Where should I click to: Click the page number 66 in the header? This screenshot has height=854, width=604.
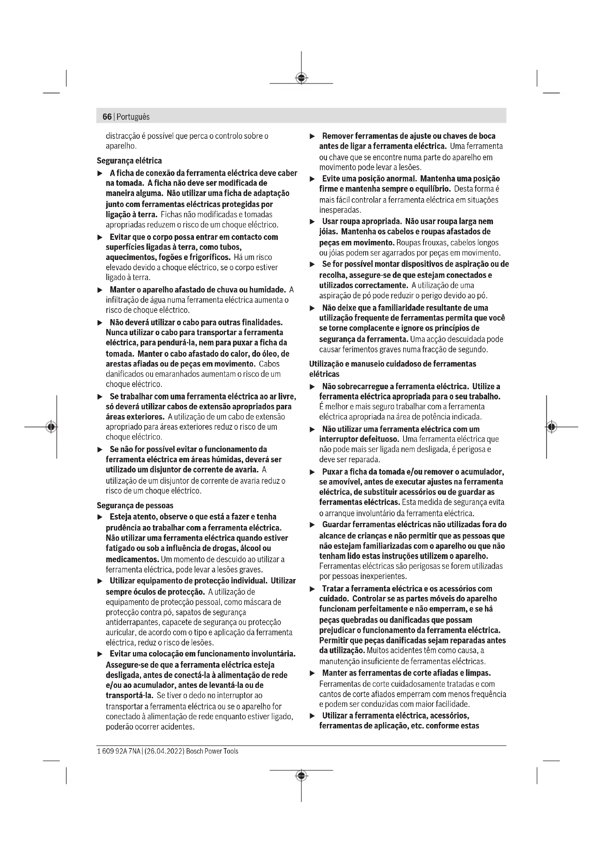tap(107, 117)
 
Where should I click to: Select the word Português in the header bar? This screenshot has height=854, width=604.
tap(133, 117)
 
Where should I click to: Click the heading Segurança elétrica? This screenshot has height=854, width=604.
tap(129, 161)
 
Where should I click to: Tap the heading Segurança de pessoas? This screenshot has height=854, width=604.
tap(135, 505)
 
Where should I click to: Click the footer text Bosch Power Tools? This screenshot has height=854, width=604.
tap(212, 751)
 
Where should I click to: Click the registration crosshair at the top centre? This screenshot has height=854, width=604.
tap(301, 78)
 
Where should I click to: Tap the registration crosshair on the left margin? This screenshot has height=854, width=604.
tap(51, 426)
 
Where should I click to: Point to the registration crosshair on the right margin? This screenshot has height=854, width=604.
tap(552, 426)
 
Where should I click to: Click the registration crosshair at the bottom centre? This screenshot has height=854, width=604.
tap(301, 775)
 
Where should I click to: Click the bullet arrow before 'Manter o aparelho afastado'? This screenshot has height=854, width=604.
tap(99, 290)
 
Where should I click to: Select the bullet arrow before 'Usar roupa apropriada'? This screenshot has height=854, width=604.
tap(313, 222)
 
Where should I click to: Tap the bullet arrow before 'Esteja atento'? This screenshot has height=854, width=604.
tap(99, 517)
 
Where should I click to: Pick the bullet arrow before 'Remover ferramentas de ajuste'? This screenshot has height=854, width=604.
tap(313, 137)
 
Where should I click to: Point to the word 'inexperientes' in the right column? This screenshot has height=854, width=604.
tap(382, 577)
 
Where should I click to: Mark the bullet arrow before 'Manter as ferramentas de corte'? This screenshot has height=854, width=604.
tap(313, 673)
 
